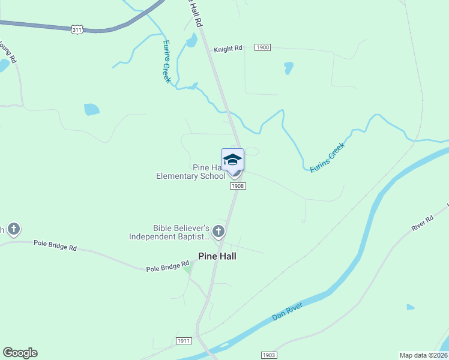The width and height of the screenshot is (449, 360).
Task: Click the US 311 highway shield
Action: (x=77, y=29)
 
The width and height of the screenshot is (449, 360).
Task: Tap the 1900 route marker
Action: (x=262, y=47)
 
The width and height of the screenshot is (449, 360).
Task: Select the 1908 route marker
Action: (x=238, y=186)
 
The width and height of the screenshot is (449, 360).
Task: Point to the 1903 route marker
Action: (x=270, y=355)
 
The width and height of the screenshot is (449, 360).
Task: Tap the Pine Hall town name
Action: (x=217, y=256)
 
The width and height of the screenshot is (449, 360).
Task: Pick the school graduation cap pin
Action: (x=232, y=160)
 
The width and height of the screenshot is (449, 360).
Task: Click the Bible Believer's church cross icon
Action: (x=218, y=231)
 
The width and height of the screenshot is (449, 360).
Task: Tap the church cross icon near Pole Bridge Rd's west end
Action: (x=13, y=229)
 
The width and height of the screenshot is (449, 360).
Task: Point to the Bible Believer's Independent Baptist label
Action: (x=170, y=232)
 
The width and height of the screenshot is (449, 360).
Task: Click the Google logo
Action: (x=20, y=353)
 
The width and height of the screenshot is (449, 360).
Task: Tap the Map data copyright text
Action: (x=424, y=355)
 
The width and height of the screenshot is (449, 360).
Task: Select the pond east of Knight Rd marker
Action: (x=289, y=67)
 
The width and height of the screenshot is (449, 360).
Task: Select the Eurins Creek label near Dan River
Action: (x=328, y=158)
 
